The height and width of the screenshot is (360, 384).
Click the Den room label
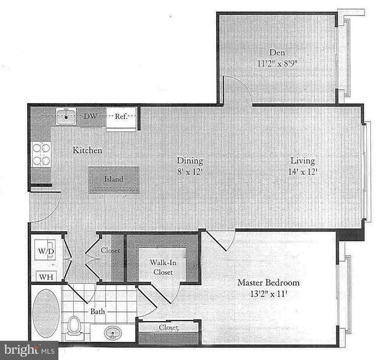tap(278, 52)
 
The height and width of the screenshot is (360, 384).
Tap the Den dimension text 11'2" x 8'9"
tap(278, 62)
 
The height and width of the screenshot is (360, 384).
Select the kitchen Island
tap(114, 179)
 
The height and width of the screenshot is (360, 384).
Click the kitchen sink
tap(66, 116)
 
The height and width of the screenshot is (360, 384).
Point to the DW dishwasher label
tap(90, 116)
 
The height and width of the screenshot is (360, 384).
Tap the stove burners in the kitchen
tap(41, 154)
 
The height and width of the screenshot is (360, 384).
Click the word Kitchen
tap(87, 150)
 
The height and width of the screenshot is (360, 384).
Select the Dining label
tap(190, 161)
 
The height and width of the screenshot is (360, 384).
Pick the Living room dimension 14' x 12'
tap(302, 171)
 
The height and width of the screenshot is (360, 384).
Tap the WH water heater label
tap(44, 276)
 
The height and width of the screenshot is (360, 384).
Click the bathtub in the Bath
tap(45, 313)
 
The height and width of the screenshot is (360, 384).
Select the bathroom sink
tap(113, 332)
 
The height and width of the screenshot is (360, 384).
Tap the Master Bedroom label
tap(268, 283)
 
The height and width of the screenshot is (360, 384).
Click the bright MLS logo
tap(29, 350)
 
